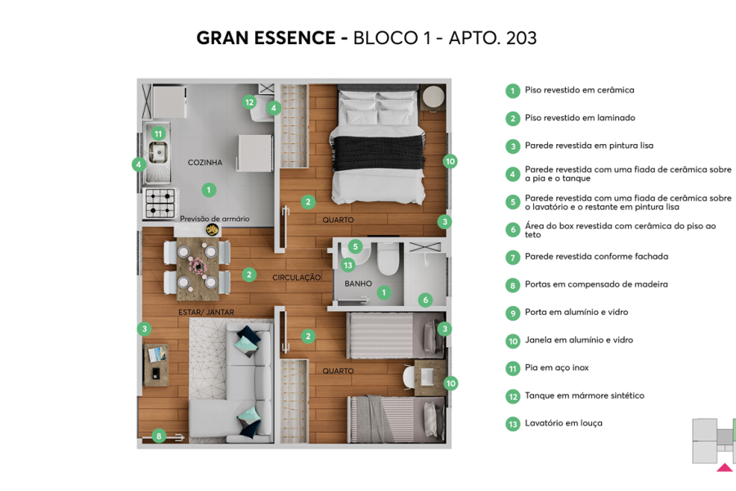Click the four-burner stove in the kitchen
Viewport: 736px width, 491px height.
pos(160,204)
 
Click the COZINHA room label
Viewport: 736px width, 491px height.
pos(204,163)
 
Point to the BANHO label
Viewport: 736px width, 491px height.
pos(358,284)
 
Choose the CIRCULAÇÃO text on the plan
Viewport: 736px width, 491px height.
pos(296,277)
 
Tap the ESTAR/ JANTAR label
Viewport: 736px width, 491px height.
pos(206,312)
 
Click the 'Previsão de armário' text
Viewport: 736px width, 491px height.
pos(214,218)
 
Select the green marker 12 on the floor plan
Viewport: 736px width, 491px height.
pos(249,102)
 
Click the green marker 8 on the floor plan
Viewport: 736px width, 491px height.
pos(159,436)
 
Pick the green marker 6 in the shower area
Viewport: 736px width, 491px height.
pos(424,300)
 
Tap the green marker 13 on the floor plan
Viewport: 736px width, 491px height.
pos(348,265)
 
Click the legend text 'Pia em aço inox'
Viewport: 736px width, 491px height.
pos(556,368)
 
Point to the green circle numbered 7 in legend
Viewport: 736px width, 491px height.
pos(513,258)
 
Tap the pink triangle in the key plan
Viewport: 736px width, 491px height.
pos(724,468)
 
